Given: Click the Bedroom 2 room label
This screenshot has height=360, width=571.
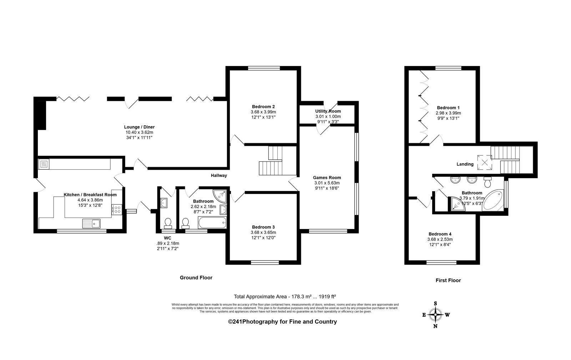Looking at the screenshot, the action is [263, 107].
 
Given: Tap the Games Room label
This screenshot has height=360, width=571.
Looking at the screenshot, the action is [327, 177].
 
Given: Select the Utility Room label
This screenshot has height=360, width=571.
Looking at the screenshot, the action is [328, 111].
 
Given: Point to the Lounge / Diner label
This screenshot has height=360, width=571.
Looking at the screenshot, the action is [139, 127].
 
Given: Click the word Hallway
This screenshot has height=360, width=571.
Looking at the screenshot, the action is [219, 175].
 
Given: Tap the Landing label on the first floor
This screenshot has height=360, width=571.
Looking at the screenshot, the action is [465, 164].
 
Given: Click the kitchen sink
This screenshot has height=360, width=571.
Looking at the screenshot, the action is [91, 224].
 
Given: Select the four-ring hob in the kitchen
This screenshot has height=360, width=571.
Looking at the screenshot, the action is [117, 210].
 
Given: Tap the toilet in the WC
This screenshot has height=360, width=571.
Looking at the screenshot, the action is [168, 223].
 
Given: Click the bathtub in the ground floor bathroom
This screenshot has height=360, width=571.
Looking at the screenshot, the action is [212, 223].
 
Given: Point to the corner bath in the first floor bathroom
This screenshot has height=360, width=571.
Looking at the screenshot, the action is [493, 200].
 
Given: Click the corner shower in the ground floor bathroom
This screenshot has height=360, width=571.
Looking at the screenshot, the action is [220, 196].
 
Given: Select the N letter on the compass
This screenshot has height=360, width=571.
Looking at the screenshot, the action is [435, 326].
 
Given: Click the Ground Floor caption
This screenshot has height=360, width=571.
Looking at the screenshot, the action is [196, 277].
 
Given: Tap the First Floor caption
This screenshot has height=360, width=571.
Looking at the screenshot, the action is [448, 280].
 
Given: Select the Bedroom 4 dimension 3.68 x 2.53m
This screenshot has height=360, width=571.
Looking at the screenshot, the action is [440, 239].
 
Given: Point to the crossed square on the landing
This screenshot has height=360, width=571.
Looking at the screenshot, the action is [485, 162].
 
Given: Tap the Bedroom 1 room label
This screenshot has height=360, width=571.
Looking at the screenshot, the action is [448, 107].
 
